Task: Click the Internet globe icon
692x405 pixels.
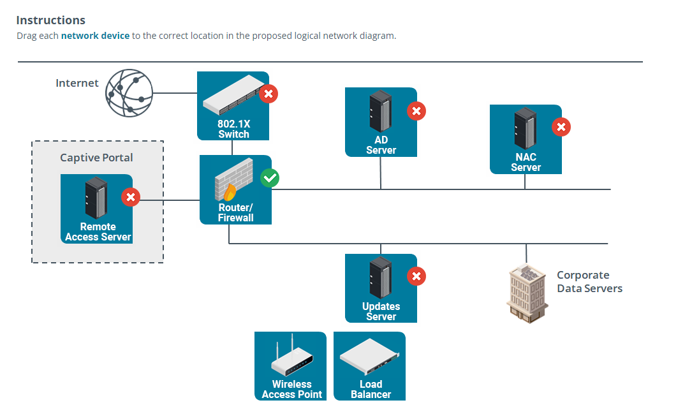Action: coord(129,93)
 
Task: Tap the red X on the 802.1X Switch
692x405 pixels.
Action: coord(269,94)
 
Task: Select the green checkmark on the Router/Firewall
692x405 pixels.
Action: coord(270,178)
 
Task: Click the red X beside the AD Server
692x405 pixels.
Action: coord(416,111)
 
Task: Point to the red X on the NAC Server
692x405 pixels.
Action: coord(561,128)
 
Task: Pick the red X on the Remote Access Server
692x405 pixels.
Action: coord(131,197)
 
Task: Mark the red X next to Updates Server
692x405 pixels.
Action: coord(416,276)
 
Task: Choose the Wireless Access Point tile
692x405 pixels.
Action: coord(290,366)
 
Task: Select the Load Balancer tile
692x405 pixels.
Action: coord(370,366)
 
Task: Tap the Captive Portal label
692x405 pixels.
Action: coord(97,158)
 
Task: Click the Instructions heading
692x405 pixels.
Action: coord(51,20)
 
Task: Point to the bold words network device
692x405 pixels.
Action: coord(95,36)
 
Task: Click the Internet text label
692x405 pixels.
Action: coord(77,83)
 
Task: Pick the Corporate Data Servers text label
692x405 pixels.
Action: coord(589,282)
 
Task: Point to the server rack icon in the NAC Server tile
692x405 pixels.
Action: coord(525,128)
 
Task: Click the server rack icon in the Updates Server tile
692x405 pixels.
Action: coord(380,277)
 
